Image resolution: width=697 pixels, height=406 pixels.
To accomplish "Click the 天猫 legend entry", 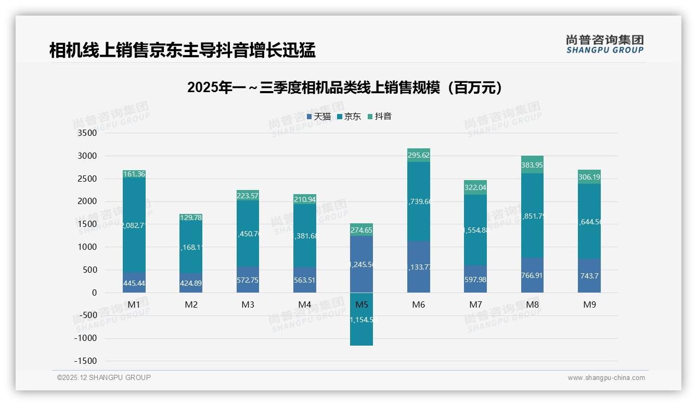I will [319, 117].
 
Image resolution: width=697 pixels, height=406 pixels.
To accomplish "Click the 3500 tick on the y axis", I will [87, 133].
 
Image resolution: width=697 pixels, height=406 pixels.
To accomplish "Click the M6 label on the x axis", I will [418, 305].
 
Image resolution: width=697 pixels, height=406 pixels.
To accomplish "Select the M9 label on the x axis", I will [589, 305].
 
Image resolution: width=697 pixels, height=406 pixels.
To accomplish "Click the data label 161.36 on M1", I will [134, 174].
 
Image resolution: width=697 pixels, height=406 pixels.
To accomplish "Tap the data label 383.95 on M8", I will [532, 165].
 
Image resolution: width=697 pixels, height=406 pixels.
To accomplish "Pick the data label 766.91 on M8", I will [532, 275].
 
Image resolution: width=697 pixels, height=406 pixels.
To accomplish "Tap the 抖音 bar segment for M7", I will [475, 187].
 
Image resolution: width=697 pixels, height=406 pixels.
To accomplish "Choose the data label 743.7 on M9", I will [589, 275].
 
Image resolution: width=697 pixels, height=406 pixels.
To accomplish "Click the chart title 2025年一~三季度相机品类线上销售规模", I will [345, 87].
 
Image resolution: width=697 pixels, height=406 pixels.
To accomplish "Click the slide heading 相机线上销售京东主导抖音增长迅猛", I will [182, 50].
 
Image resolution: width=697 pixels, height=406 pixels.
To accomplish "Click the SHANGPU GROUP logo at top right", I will [604, 44].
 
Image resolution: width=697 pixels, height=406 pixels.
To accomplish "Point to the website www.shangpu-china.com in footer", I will [606, 378].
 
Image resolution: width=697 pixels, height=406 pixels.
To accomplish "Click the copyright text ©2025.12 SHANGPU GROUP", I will [104, 377].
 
